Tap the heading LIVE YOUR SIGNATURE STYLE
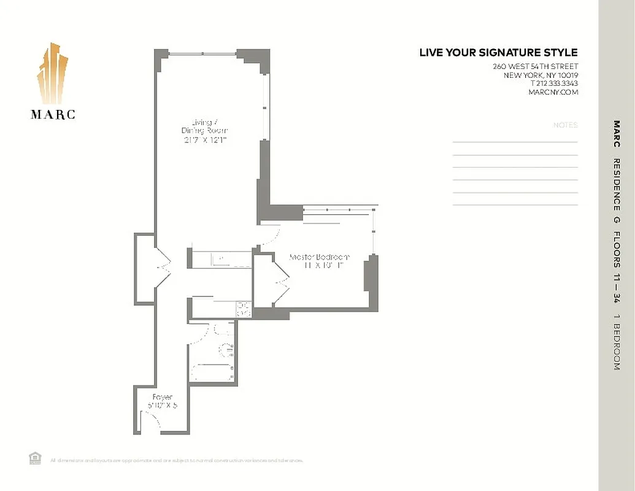pos(498,53)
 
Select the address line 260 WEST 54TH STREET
pos(535,66)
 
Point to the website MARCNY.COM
pos(553,92)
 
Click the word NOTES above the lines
pos(565,125)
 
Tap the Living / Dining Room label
pos(204,131)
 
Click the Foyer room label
pos(162,401)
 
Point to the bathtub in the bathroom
pos(212,372)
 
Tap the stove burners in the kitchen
pos(243,309)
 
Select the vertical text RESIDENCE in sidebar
pos(616,184)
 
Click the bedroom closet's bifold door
pos(282,282)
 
